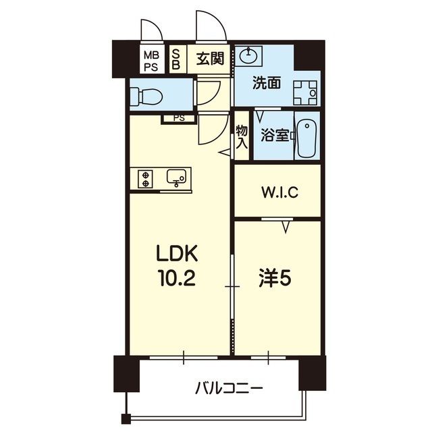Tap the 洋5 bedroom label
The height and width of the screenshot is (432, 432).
[277, 277]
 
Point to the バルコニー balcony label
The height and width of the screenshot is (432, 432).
[229, 388]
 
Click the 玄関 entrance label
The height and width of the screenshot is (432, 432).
[210, 58]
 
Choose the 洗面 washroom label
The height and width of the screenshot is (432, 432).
[267, 84]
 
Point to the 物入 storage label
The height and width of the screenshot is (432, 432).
[242, 137]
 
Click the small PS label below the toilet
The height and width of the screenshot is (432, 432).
[178, 118]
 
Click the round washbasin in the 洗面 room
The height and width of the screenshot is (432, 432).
[249, 56]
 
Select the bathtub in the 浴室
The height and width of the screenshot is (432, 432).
[308, 138]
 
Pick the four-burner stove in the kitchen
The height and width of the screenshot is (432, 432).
[145, 178]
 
